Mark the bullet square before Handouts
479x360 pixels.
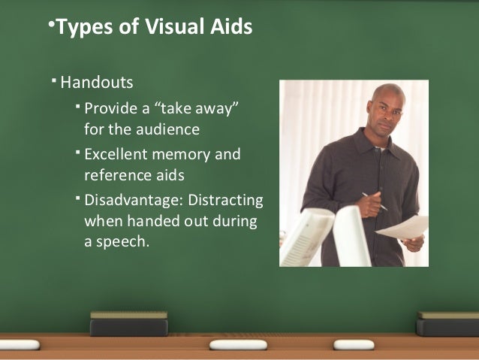[54, 79]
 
